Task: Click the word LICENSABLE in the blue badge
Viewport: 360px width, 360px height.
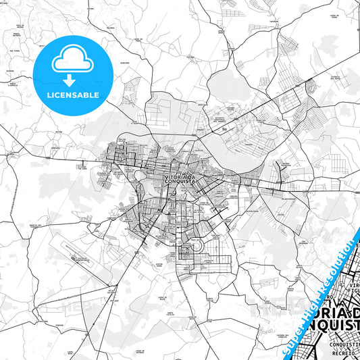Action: click(73, 95)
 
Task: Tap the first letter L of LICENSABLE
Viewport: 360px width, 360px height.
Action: click(48, 95)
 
